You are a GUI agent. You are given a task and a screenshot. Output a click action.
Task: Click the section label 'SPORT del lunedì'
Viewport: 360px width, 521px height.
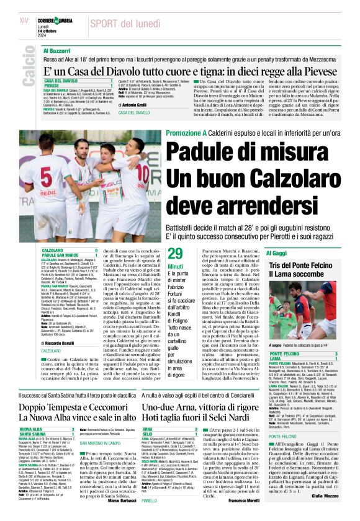[x=125, y=23]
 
